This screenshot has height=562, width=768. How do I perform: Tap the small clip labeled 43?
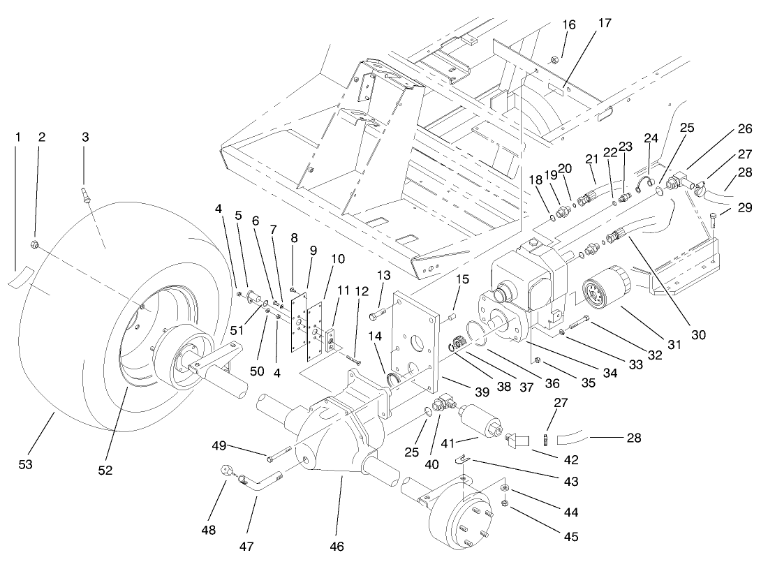coord(461,459)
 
